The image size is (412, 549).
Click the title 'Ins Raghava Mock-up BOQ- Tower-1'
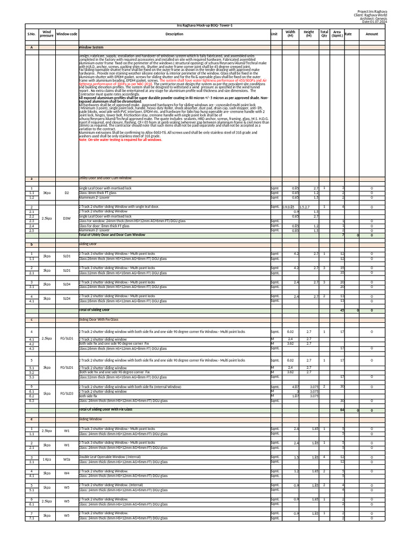205,25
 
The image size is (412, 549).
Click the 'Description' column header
174,34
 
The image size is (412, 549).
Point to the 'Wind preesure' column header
47,34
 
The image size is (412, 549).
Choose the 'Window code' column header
67,34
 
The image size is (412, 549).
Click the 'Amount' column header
371,34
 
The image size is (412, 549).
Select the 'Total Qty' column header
324,34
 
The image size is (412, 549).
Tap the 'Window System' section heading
91,47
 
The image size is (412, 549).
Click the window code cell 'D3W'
67,218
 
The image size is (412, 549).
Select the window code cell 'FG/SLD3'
67,394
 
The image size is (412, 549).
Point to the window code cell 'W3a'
67,459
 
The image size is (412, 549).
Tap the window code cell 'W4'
67,473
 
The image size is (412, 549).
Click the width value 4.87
295,387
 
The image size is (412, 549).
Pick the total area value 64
342,410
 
